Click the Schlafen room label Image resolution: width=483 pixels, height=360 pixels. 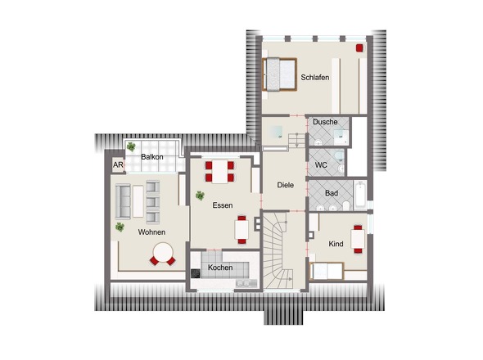click(x=315, y=77)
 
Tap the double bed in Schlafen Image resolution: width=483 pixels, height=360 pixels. click(x=279, y=74)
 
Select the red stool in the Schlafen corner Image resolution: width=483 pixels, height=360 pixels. click(x=359, y=47)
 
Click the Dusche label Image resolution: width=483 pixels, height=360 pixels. click(x=325, y=122)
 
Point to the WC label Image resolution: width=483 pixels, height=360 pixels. click(x=321, y=165)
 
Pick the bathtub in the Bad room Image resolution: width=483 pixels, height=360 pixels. click(x=359, y=196)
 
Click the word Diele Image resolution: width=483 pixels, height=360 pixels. click(x=285, y=185)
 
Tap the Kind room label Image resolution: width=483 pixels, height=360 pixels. click(x=336, y=244)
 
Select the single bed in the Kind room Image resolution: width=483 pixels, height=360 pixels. click(x=326, y=271)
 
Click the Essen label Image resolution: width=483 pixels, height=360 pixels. click(x=223, y=205)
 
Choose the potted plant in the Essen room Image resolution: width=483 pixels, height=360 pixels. click(x=200, y=196)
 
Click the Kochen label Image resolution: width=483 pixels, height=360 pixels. click(x=220, y=268)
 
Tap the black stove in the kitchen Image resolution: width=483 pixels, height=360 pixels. click(x=196, y=273)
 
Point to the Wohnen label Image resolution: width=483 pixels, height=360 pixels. click(x=151, y=232)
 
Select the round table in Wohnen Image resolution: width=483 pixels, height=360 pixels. click(x=163, y=252)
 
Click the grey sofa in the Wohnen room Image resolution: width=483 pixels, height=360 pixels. click(x=123, y=201)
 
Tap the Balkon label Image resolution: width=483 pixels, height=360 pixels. click(x=152, y=157)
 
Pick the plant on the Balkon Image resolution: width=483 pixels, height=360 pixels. click(x=131, y=147)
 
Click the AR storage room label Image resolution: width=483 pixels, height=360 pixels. click(x=118, y=165)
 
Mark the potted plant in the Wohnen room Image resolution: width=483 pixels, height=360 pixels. click(x=120, y=227)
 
